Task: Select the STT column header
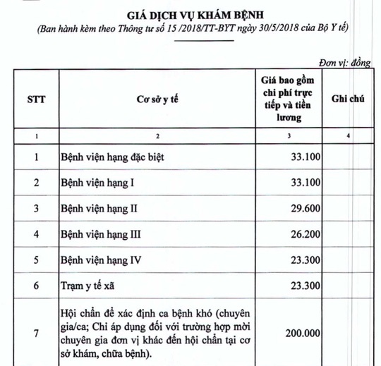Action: pyautogui.click(x=35, y=99)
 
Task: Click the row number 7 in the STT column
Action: pyautogui.click(x=35, y=331)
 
